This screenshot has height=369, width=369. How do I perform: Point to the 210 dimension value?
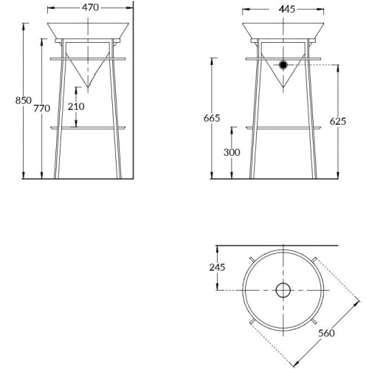pyautogui.click(x=76, y=106)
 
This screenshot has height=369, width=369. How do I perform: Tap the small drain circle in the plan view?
pyautogui.click(x=283, y=290)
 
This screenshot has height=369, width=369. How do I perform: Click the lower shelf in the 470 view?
pyautogui.click(x=89, y=127)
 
